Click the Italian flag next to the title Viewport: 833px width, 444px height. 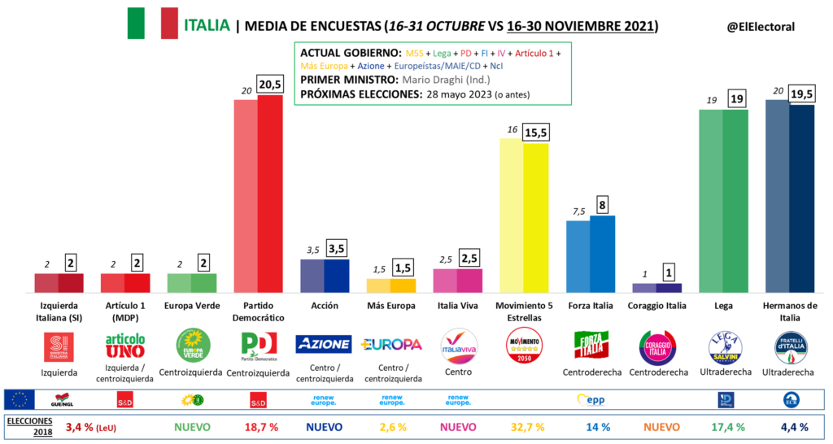(152, 23)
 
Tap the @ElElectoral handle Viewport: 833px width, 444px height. (760, 26)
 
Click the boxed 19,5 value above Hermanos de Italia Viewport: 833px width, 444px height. (802, 93)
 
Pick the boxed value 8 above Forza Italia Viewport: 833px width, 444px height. (603, 205)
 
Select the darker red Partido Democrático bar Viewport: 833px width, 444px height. (270, 194)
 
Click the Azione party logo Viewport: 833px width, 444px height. (323, 344)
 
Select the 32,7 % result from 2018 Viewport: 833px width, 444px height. (524, 425)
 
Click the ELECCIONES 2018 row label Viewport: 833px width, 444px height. (29, 425)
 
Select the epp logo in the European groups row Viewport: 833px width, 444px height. (591, 399)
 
